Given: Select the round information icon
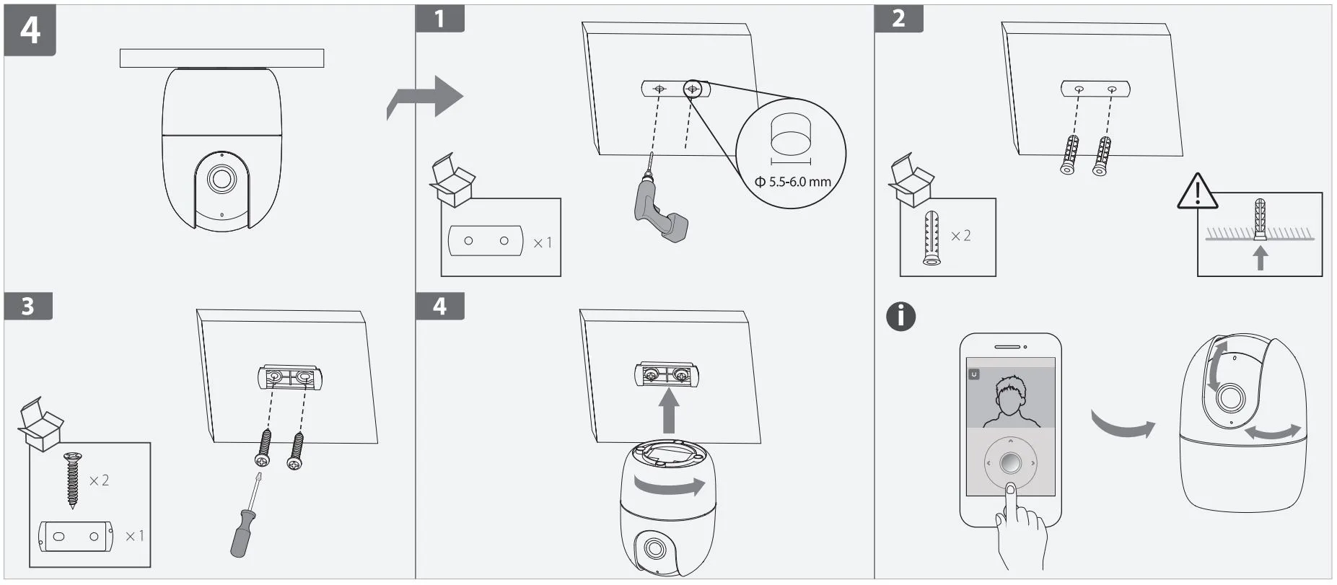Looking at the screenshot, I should coord(900,317).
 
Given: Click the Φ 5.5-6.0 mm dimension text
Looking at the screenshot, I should coord(792,182).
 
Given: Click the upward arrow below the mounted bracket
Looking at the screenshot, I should coord(670,410).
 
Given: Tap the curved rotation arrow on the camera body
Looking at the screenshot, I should coord(670,485).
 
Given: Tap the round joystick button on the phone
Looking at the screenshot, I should coord(1010,462).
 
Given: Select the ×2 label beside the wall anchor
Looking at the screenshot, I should coord(960,236).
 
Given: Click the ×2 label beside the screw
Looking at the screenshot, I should coord(99,480).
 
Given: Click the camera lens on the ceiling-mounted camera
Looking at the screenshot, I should coord(222,178).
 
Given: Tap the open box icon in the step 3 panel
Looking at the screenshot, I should coord(40,424).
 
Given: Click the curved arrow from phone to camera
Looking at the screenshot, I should coord(1122,426).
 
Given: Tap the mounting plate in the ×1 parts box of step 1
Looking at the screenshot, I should coord(486,241).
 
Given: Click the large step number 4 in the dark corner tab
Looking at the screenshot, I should coord(30,30).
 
